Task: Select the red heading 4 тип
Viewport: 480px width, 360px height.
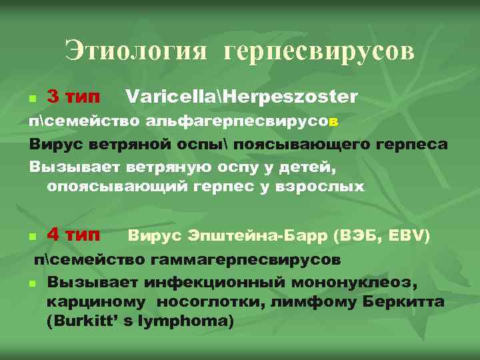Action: (75, 235)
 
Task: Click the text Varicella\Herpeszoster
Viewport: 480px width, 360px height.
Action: (241, 97)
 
